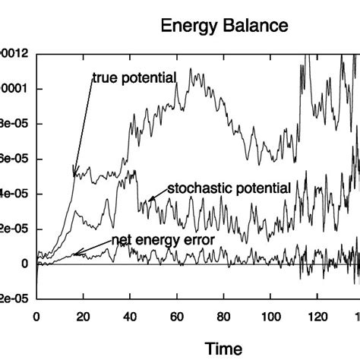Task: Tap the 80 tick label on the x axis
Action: [224, 317]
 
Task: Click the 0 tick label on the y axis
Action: [26, 264]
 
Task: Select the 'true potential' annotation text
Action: [134, 77]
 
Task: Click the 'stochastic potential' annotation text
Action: [229, 188]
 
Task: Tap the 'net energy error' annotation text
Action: [163, 239]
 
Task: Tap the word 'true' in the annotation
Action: [104, 77]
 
